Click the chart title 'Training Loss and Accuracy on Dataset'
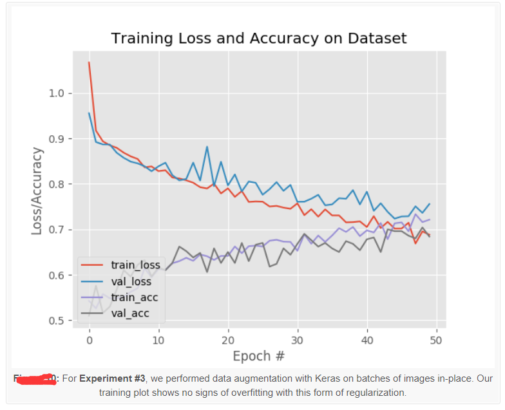[259, 38]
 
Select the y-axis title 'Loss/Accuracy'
[37, 191]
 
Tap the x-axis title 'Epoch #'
[258, 356]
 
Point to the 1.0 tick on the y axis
[56, 93]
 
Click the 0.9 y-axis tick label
[56, 139]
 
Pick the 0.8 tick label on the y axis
[56, 185]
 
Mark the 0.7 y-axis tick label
[56, 230]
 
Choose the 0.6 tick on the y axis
[56, 275]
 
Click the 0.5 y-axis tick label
[56, 321]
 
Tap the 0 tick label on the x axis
[90, 340]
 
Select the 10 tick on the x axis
[158, 340]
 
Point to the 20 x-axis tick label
[228, 340]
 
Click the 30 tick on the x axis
[298, 340]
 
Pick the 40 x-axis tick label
[367, 340]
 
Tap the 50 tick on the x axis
[436, 340]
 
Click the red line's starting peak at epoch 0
[89, 62]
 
